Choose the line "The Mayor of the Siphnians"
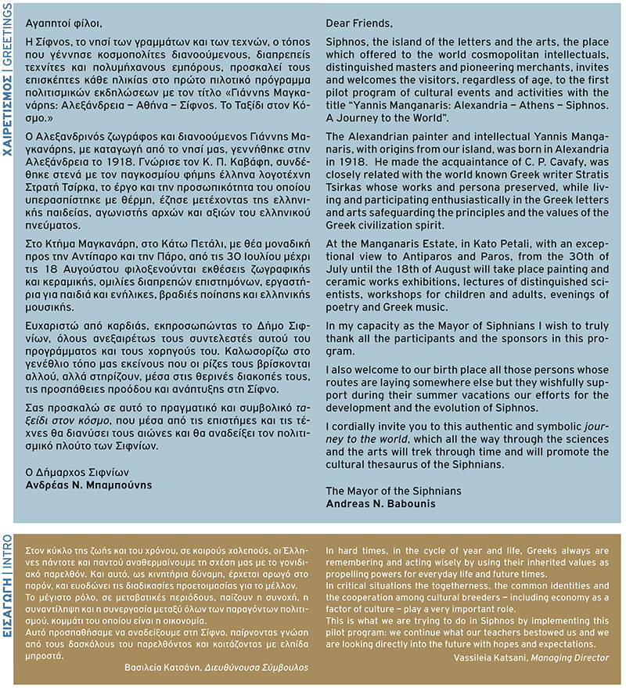coord(394,491)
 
